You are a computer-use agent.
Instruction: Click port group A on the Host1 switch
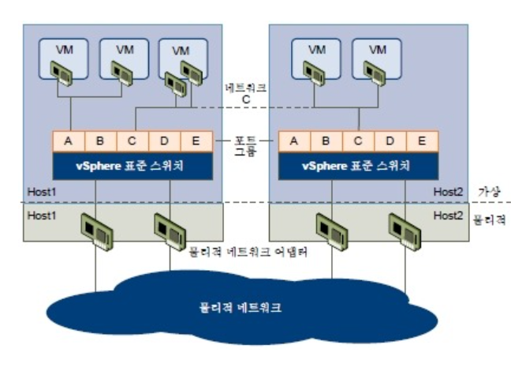69,142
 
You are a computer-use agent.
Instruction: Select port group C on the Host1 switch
132,142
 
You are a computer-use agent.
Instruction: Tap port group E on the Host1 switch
195,142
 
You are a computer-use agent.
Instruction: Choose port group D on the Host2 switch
390,142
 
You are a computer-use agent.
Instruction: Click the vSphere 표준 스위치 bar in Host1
131,167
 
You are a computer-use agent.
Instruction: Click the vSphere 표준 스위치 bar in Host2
358,167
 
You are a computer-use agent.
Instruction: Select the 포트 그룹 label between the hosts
247,145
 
